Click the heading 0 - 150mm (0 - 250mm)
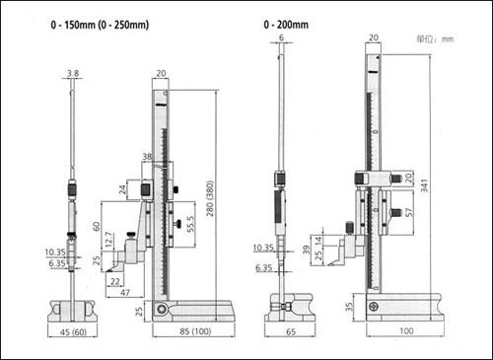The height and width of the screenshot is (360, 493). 100,25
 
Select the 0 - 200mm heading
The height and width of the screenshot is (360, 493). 286,25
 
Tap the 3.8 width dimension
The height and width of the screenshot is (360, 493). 73,73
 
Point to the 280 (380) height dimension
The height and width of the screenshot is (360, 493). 210,198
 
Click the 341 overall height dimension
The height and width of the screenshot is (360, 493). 424,185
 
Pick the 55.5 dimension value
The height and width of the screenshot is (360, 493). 190,224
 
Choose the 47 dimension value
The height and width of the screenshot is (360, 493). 125,292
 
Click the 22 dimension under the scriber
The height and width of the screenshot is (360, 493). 115,281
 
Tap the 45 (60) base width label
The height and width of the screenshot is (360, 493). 74,332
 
